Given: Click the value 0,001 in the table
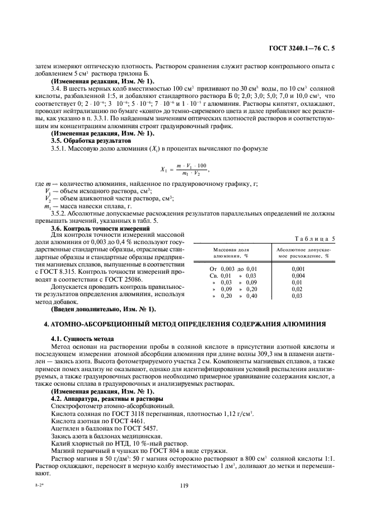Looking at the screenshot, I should tap(298, 269).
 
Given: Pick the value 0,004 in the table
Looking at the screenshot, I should tap(298, 275).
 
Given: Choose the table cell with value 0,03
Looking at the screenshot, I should tap(297, 296).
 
